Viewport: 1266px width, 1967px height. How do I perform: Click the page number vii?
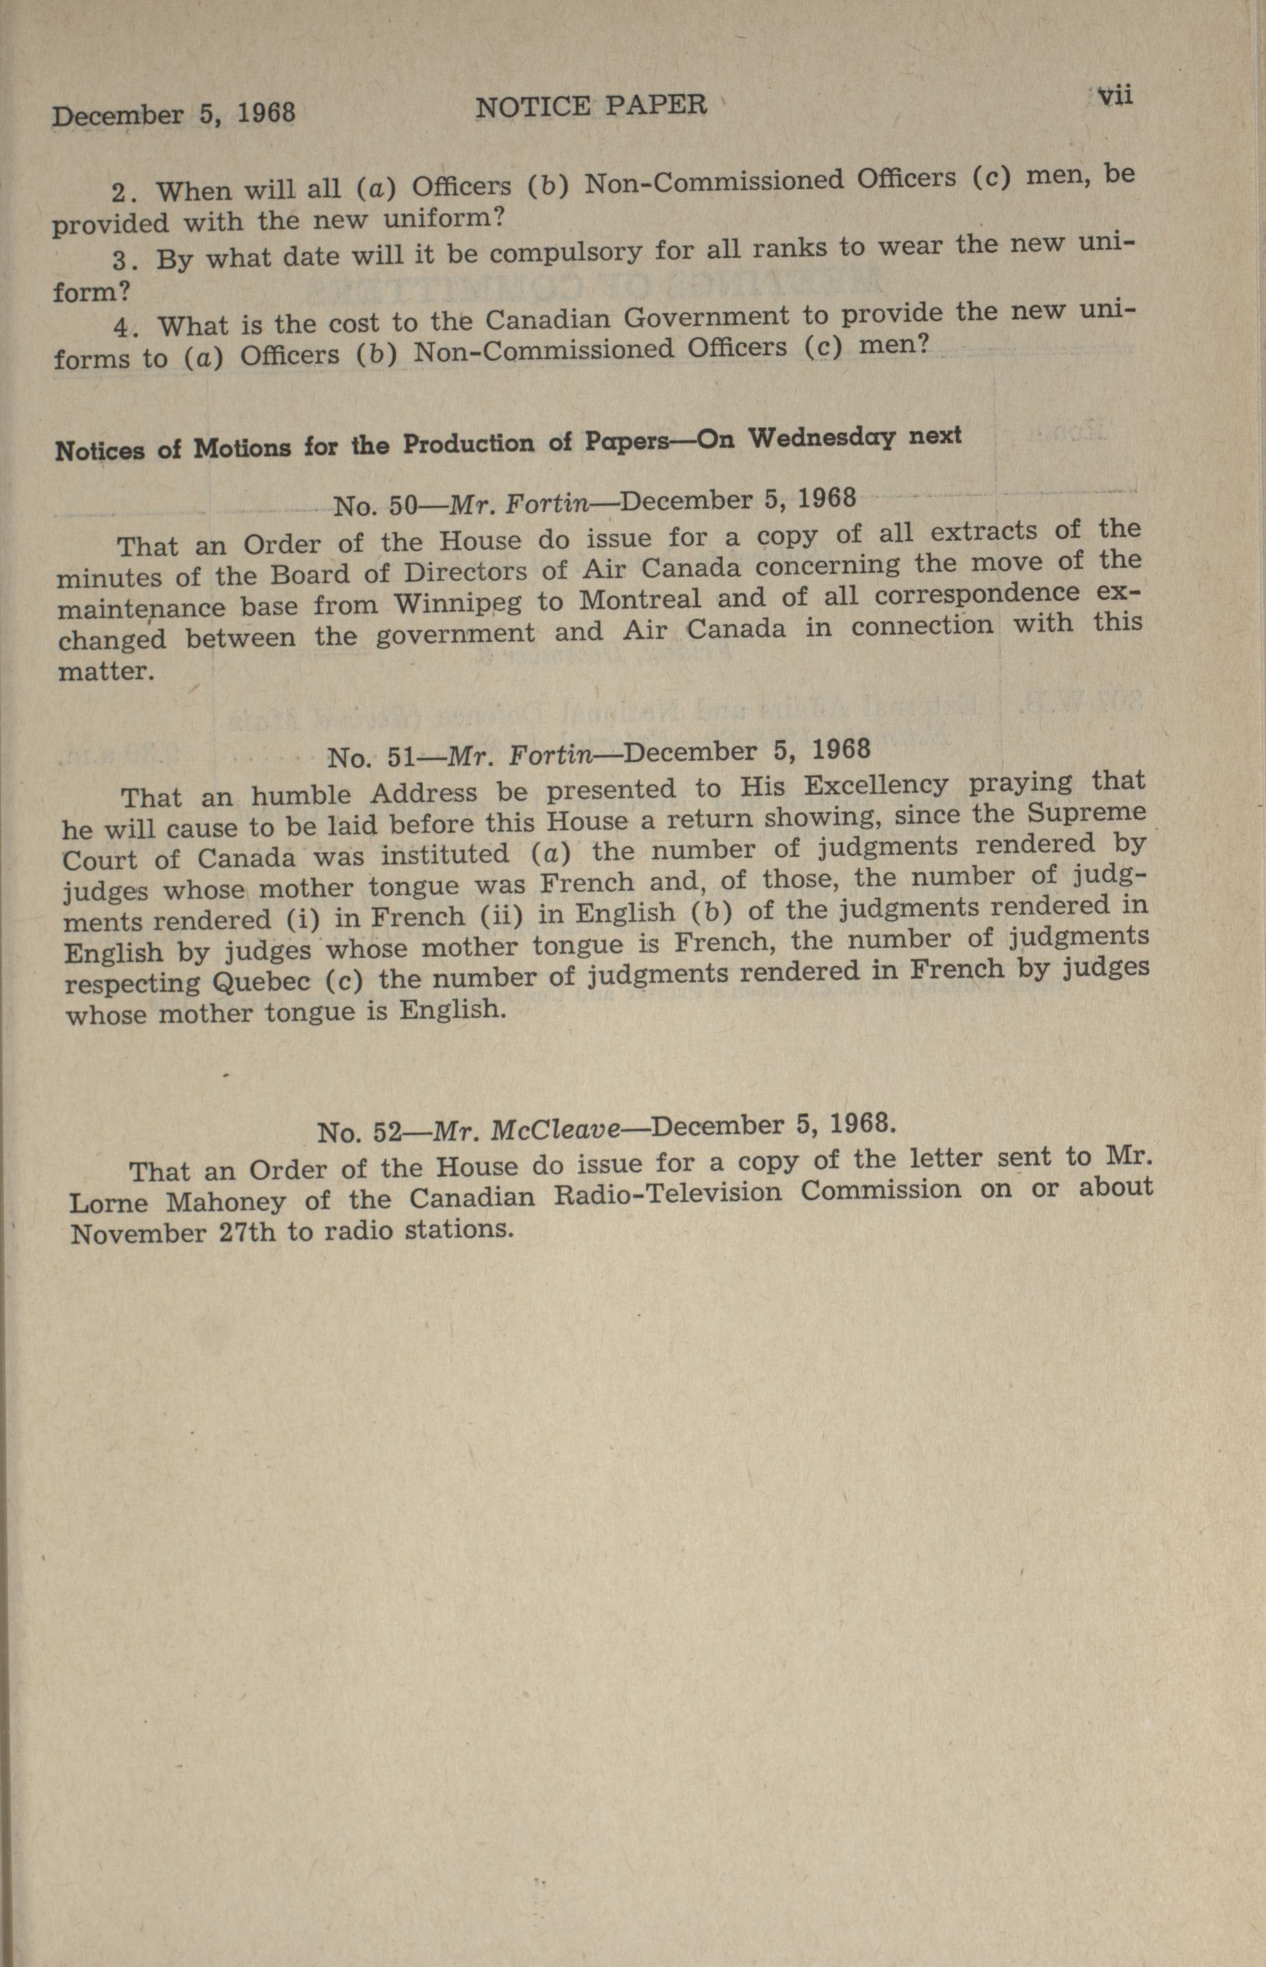click(x=1116, y=96)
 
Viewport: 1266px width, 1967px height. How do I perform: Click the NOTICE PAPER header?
click(x=591, y=105)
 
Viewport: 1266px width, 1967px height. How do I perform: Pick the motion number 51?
click(x=400, y=754)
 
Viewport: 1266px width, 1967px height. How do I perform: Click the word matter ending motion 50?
click(x=105, y=672)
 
